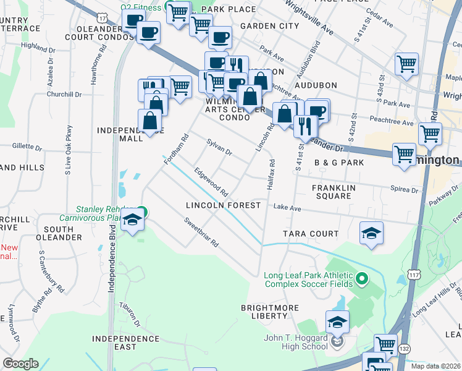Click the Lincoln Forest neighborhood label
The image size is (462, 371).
point(224,205)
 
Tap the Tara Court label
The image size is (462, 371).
point(311,234)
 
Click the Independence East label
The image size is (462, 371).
point(125,343)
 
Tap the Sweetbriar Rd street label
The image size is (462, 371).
point(201,232)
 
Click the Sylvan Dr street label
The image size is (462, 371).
point(219,148)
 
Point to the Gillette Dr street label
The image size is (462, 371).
point(27,148)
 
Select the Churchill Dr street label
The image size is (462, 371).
point(64,95)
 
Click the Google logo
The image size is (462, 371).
point(20,364)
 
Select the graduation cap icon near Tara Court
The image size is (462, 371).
point(372,233)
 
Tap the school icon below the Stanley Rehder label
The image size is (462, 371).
point(133,220)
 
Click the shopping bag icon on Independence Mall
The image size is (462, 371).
point(150,120)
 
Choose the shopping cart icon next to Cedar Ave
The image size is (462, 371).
point(406,64)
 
